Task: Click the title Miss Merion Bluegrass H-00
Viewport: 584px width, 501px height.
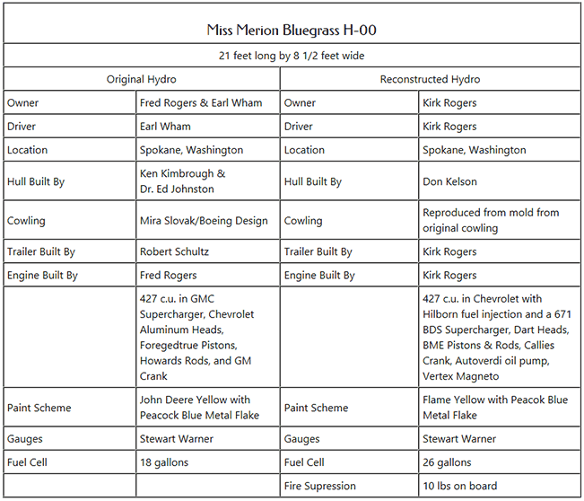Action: (x=292, y=30)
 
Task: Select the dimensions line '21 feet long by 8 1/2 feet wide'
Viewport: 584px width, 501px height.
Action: (x=292, y=56)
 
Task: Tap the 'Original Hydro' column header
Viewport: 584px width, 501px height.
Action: (x=142, y=79)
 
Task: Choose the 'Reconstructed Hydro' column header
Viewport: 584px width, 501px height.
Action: (x=430, y=79)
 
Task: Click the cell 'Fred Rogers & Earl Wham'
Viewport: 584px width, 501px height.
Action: (x=201, y=103)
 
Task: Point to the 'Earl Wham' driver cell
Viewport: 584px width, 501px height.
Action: (x=165, y=127)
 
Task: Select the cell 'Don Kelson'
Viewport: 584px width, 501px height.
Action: (x=449, y=181)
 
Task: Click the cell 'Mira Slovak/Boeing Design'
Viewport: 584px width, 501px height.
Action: (x=204, y=221)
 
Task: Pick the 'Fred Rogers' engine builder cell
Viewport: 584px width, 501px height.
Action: (x=168, y=276)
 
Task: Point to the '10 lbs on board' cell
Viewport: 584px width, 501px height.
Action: (x=459, y=486)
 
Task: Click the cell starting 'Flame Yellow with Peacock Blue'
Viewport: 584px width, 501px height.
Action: (x=495, y=408)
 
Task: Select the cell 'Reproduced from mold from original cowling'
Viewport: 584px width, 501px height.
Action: (x=490, y=221)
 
